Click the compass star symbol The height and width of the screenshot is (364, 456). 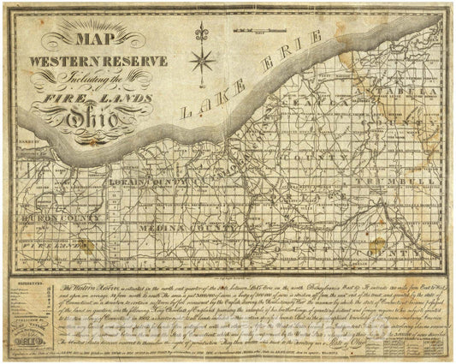point(204,61)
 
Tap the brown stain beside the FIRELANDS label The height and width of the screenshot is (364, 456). point(86,245)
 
